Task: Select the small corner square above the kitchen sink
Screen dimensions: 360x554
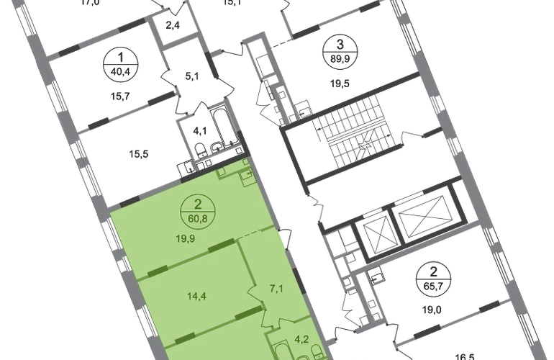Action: [247, 163]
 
